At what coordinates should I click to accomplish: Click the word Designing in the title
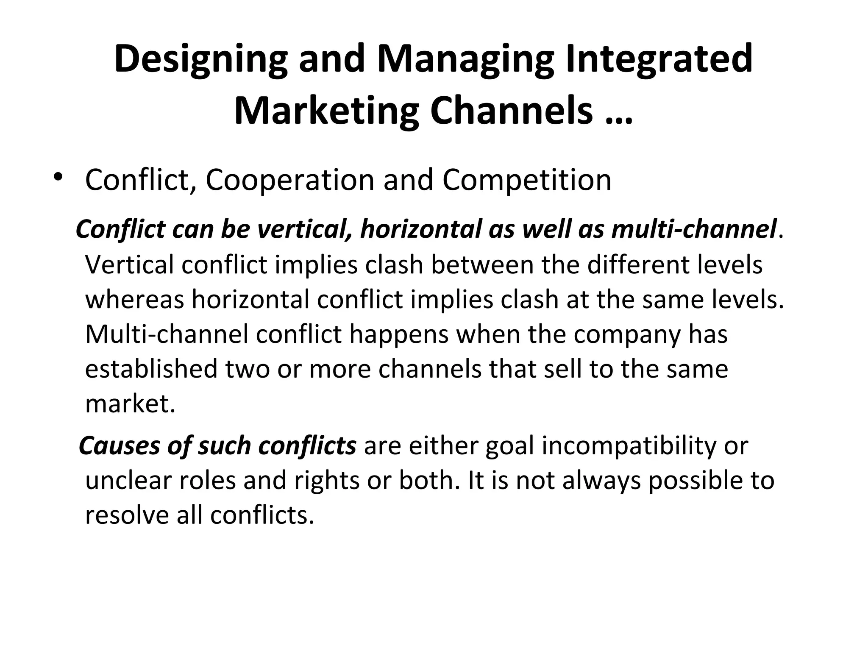[x=200, y=59]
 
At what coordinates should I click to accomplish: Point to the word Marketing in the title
[x=326, y=111]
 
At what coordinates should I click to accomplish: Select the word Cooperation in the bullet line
[x=290, y=180]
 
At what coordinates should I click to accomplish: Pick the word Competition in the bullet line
[x=527, y=180]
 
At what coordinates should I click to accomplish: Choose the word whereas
[x=135, y=299]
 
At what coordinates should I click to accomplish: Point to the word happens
[x=399, y=334]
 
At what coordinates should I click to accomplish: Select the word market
[x=130, y=403]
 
